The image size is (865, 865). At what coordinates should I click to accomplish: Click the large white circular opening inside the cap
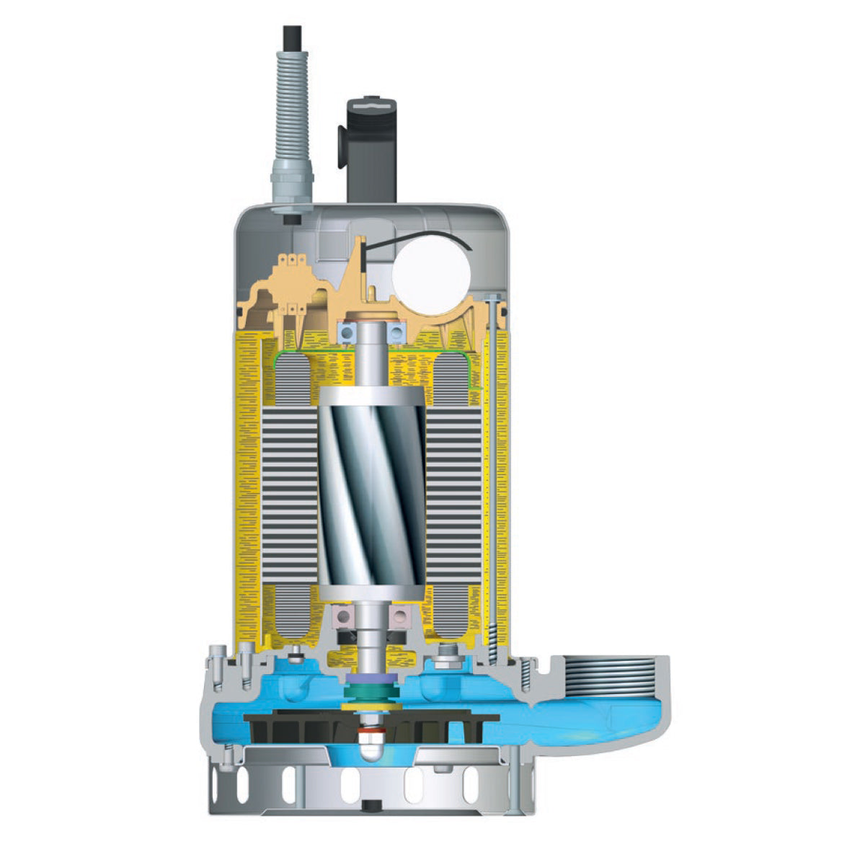point(431,275)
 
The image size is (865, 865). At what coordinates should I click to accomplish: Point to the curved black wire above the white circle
point(418,239)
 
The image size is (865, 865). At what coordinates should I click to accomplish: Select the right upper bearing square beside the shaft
point(396,332)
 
